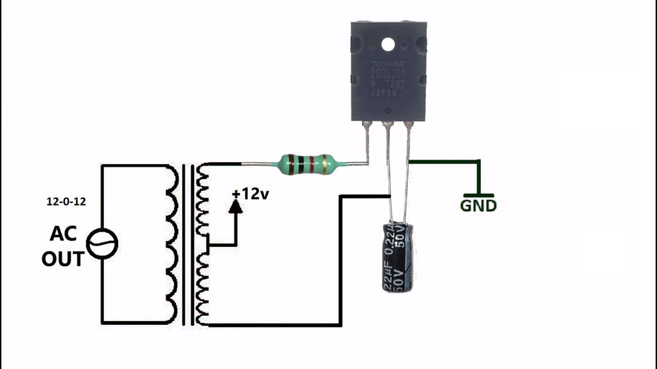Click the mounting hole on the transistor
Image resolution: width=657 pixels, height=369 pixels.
click(387, 47)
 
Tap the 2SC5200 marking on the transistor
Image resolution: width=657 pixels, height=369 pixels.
click(387, 74)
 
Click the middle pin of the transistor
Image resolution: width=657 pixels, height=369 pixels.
click(389, 158)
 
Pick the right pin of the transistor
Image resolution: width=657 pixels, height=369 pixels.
click(409, 144)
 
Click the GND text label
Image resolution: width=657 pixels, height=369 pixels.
click(478, 206)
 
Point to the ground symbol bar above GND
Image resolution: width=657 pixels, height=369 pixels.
click(479, 194)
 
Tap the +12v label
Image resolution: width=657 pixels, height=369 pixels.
click(250, 194)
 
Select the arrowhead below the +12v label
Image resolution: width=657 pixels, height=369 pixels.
click(235, 205)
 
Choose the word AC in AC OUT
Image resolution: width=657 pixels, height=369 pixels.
click(64, 234)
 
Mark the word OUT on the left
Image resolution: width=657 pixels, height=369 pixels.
click(63, 259)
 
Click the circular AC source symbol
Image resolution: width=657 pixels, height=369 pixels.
click(103, 246)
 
